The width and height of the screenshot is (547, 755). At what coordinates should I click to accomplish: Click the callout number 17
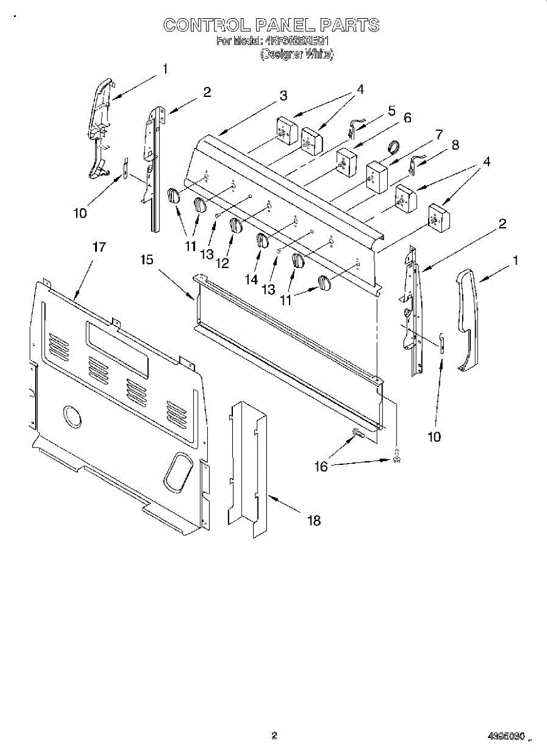[99, 247]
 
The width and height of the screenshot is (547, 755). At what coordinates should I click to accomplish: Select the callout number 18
[313, 520]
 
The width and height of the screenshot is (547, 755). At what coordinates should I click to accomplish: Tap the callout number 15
[147, 259]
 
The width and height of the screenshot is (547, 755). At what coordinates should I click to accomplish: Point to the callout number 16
[321, 466]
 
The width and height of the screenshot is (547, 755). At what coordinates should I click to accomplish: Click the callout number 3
[283, 96]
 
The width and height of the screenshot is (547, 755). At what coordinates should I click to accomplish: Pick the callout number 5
[392, 111]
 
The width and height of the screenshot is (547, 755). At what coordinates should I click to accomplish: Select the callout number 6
[407, 118]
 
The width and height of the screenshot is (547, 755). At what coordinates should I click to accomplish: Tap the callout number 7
[439, 134]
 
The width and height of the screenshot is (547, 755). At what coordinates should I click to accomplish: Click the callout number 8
[455, 145]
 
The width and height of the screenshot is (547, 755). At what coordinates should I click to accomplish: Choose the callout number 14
[251, 279]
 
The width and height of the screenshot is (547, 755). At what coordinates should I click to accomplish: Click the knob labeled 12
[235, 226]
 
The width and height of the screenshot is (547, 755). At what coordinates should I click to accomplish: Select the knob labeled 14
[262, 240]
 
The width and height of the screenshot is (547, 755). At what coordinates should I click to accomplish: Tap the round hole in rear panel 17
[72, 417]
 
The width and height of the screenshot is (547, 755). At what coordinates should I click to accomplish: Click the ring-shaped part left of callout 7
[394, 147]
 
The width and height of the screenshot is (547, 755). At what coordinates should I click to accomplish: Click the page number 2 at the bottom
[274, 735]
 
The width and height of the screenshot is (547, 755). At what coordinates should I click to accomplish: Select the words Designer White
[297, 55]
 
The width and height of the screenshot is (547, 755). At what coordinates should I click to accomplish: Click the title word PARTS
[349, 25]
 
